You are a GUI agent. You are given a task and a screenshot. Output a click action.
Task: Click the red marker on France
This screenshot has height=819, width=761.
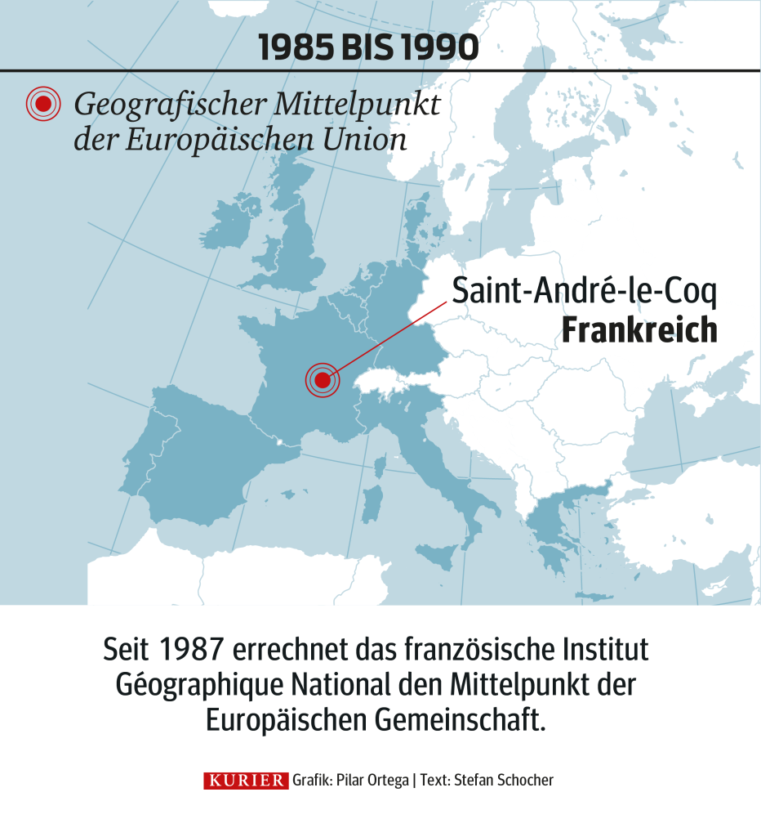tap(322, 380)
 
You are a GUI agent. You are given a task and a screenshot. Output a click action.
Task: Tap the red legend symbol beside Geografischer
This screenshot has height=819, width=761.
tap(44, 103)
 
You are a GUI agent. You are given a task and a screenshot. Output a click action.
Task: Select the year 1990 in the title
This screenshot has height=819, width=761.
tap(441, 48)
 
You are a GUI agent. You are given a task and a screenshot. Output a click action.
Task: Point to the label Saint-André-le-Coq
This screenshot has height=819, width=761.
tap(584, 292)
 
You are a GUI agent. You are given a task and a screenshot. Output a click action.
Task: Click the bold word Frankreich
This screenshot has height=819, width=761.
tap(639, 330)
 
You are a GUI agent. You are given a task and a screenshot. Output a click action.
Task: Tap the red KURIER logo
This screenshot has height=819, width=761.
tap(245, 781)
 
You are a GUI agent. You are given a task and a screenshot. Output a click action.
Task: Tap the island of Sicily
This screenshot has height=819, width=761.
tap(437, 557)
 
